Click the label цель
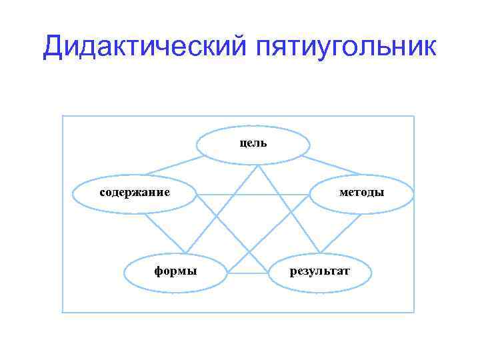(x=253, y=142)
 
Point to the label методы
(x=361, y=193)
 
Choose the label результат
(x=319, y=271)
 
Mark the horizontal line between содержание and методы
(x=253, y=194)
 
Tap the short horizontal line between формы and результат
(x=249, y=273)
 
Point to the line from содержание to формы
(x=163, y=233)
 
